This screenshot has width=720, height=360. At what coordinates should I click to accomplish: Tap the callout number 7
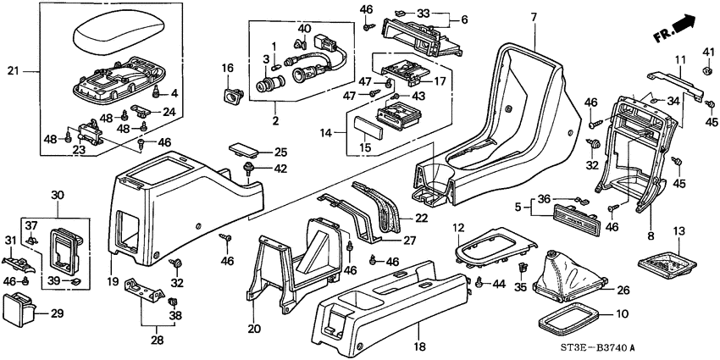click(534, 17)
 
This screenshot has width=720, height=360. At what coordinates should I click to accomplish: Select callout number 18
click(418, 348)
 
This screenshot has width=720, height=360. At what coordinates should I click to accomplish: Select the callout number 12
click(457, 228)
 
